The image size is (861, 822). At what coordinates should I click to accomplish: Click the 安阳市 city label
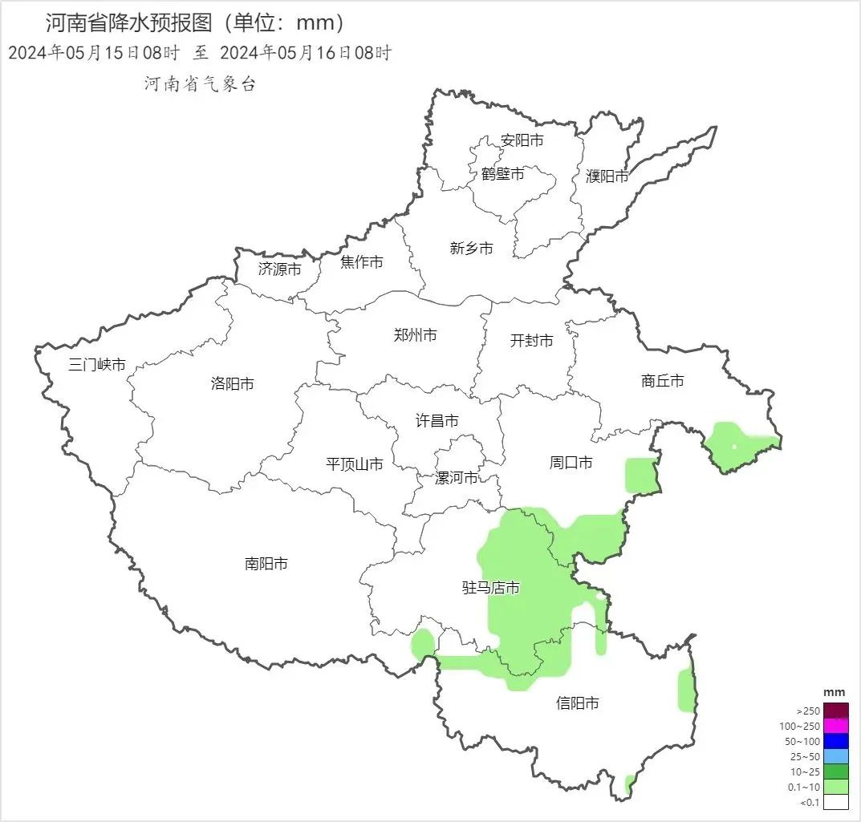pyautogui.click(x=522, y=140)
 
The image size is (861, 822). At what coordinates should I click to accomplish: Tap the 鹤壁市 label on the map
pyautogui.click(x=503, y=173)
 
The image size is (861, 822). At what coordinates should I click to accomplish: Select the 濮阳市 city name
pyautogui.click(x=607, y=176)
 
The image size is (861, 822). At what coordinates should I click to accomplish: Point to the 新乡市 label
pyautogui.click(x=471, y=249)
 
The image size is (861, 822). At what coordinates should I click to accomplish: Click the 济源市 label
pyautogui.click(x=279, y=269)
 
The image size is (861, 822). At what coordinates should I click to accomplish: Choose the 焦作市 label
pyautogui.click(x=361, y=262)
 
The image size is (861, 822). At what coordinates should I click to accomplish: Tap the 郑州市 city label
pyautogui.click(x=415, y=335)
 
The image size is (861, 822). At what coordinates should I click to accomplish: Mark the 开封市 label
pyautogui.click(x=531, y=341)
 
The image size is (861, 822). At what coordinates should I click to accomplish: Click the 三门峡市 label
pyautogui.click(x=97, y=365)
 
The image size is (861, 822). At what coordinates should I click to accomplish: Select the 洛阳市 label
pyautogui.click(x=232, y=384)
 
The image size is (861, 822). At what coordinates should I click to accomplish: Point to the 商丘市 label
pyautogui.click(x=663, y=381)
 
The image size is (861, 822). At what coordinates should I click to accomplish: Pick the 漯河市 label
pyautogui.click(x=456, y=479)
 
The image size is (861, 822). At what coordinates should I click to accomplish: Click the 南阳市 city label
pyautogui.click(x=266, y=564)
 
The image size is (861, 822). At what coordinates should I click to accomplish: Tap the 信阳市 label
pyautogui.click(x=577, y=703)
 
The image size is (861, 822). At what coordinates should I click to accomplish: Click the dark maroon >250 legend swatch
pyautogui.click(x=835, y=711)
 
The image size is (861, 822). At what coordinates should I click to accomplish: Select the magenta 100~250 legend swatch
pyautogui.click(x=835, y=726)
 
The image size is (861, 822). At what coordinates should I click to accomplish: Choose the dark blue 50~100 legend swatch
pyautogui.click(x=835, y=741)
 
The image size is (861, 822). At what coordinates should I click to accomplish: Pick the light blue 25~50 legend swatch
pyautogui.click(x=835, y=756)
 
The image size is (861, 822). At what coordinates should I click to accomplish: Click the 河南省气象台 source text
pyautogui.click(x=200, y=84)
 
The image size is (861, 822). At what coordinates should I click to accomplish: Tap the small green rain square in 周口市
pyautogui.click(x=640, y=475)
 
